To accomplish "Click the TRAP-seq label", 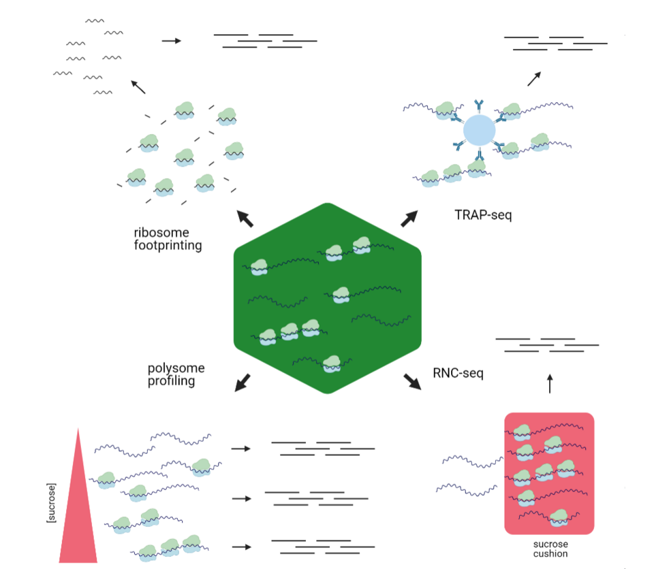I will click(482, 215).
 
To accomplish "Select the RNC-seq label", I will click(458, 373).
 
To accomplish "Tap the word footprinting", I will click(168, 246).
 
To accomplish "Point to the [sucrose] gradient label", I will click(51, 503).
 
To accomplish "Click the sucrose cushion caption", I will click(550, 549).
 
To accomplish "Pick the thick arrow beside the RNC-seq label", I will click(411, 380).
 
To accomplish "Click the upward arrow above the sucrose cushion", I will click(550, 385).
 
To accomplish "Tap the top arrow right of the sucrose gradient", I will click(240, 449).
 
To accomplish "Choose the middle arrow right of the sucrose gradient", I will click(240, 499).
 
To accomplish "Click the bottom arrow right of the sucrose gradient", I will click(240, 547).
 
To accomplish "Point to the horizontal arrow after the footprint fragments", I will click(172, 41).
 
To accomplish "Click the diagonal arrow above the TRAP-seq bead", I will click(535, 78).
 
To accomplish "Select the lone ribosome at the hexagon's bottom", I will click(332, 363).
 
